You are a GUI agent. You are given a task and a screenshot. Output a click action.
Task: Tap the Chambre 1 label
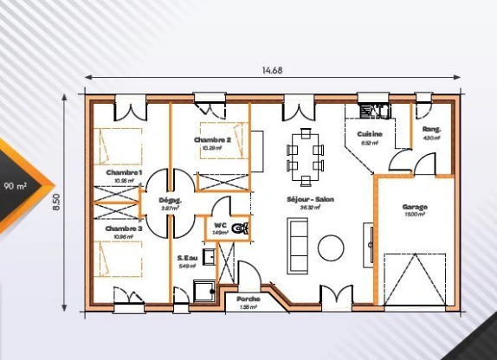(x=124, y=173)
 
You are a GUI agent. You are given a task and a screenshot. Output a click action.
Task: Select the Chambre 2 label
(x=212, y=139)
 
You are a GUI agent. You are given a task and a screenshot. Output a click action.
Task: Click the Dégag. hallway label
(x=169, y=200)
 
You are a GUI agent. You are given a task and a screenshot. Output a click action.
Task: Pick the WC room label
(x=220, y=224)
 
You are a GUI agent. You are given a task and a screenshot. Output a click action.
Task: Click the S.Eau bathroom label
(x=187, y=258)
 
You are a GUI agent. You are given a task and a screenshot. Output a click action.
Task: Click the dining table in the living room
(x=305, y=156)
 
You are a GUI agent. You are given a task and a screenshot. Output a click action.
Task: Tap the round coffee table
(x=331, y=248)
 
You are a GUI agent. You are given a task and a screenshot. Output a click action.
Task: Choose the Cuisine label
(x=371, y=134)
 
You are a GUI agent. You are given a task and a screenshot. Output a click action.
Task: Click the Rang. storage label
(x=432, y=130)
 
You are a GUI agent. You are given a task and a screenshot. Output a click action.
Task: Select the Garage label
(x=415, y=207)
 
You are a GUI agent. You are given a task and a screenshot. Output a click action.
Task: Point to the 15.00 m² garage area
(x=415, y=215)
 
